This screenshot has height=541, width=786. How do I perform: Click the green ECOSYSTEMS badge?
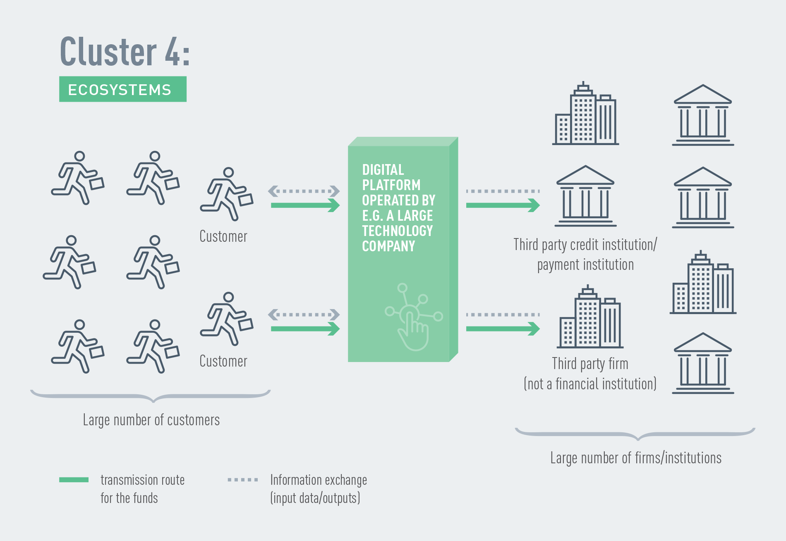[x=122, y=89]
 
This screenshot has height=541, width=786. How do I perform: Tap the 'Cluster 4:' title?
[x=125, y=52]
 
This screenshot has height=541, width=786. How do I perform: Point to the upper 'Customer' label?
[x=223, y=236]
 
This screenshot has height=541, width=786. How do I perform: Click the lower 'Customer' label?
[x=223, y=361]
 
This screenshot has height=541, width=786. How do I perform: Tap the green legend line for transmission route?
[x=74, y=480]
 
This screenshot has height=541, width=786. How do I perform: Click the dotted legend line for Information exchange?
[x=243, y=480]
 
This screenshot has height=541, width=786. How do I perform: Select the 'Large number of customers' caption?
[x=151, y=420]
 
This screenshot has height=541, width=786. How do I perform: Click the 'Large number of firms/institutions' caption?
[x=635, y=458]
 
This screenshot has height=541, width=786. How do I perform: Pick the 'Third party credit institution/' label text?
[x=585, y=245]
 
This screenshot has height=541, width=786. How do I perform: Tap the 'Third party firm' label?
[x=590, y=364]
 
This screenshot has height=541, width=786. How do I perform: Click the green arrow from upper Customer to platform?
[x=305, y=205]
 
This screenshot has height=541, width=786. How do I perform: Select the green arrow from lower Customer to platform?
[x=305, y=329]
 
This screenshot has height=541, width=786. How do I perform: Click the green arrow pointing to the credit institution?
[x=503, y=205]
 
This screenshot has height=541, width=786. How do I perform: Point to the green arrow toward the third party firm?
[x=503, y=329]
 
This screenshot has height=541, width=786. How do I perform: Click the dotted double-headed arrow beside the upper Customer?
[x=304, y=191]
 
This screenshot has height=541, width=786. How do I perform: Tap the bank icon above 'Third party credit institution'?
[x=585, y=196]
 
